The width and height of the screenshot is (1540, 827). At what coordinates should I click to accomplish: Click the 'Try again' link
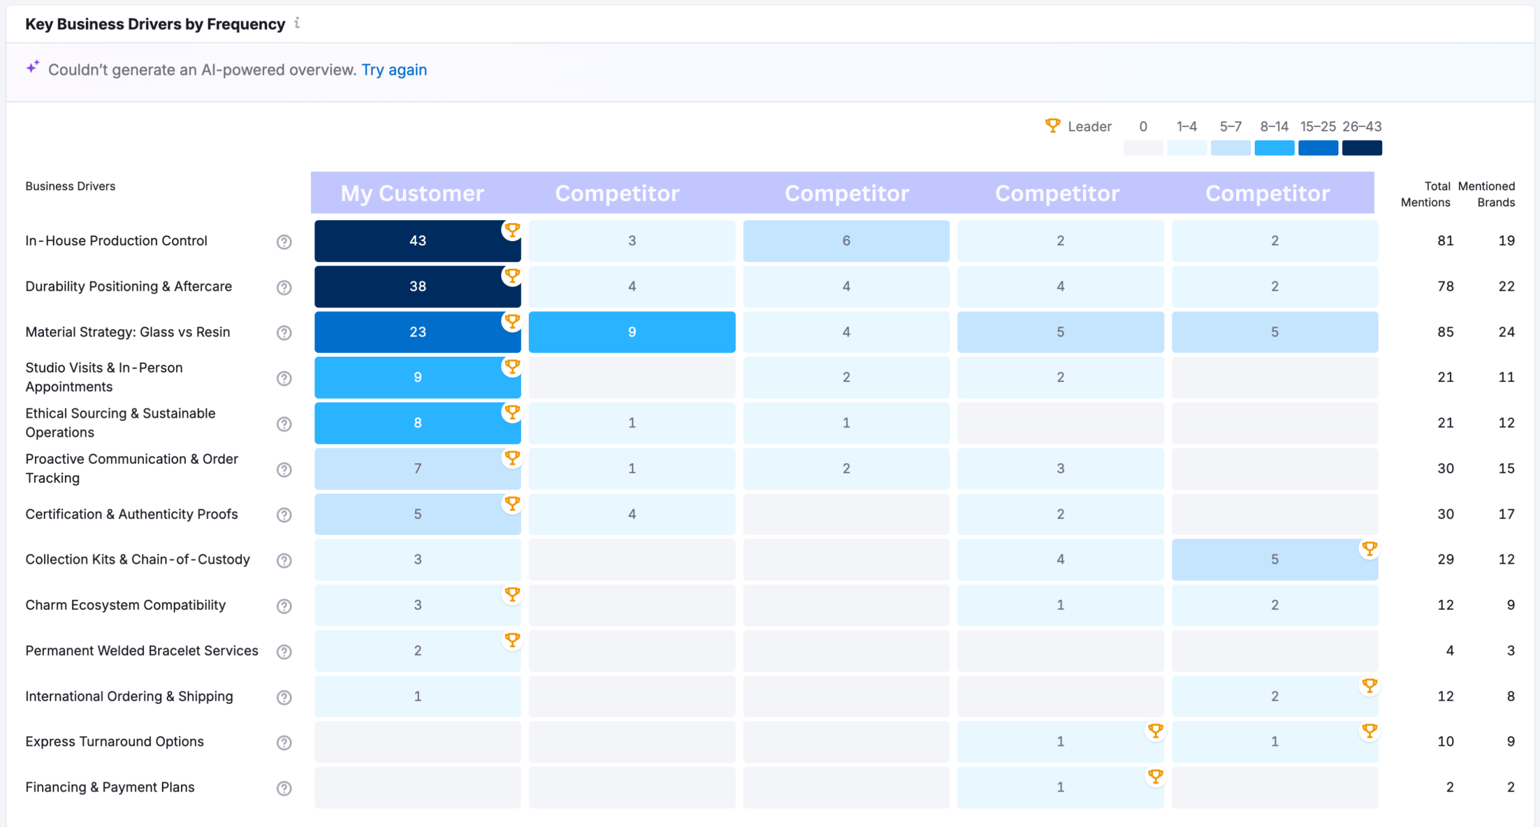[394, 70]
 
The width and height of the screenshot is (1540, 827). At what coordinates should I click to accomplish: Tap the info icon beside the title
[297, 23]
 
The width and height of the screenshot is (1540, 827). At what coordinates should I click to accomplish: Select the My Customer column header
[412, 193]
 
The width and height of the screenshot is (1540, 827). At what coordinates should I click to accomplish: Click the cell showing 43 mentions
[417, 241]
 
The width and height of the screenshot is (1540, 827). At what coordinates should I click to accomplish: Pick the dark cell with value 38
[417, 286]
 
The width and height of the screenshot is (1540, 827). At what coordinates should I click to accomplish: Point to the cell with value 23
[417, 332]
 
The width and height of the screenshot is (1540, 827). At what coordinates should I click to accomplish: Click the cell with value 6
[846, 241]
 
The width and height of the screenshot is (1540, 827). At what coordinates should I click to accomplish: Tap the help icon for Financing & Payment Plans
[284, 788]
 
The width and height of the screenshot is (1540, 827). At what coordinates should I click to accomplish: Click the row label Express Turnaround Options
[114, 742]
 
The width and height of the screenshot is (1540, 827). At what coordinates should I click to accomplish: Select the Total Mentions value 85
[1445, 332]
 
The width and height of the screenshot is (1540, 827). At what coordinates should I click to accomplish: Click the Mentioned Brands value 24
[1506, 332]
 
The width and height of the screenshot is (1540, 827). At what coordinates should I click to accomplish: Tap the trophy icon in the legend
[1053, 126]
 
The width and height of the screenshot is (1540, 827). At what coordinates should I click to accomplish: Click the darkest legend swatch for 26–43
[1362, 148]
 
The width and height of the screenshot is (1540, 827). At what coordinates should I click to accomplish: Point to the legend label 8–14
[1274, 126]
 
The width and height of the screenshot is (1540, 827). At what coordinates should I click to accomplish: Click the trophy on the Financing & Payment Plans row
[1155, 776]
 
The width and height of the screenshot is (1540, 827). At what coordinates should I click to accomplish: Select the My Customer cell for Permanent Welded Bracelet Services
[417, 651]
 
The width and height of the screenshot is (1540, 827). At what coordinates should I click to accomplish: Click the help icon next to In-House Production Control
[284, 242]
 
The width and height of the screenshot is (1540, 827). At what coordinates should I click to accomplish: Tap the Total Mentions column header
[1425, 194]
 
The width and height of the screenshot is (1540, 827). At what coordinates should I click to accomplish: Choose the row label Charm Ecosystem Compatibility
[125, 605]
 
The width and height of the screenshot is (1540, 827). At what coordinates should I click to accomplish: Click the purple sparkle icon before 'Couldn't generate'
[33, 66]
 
